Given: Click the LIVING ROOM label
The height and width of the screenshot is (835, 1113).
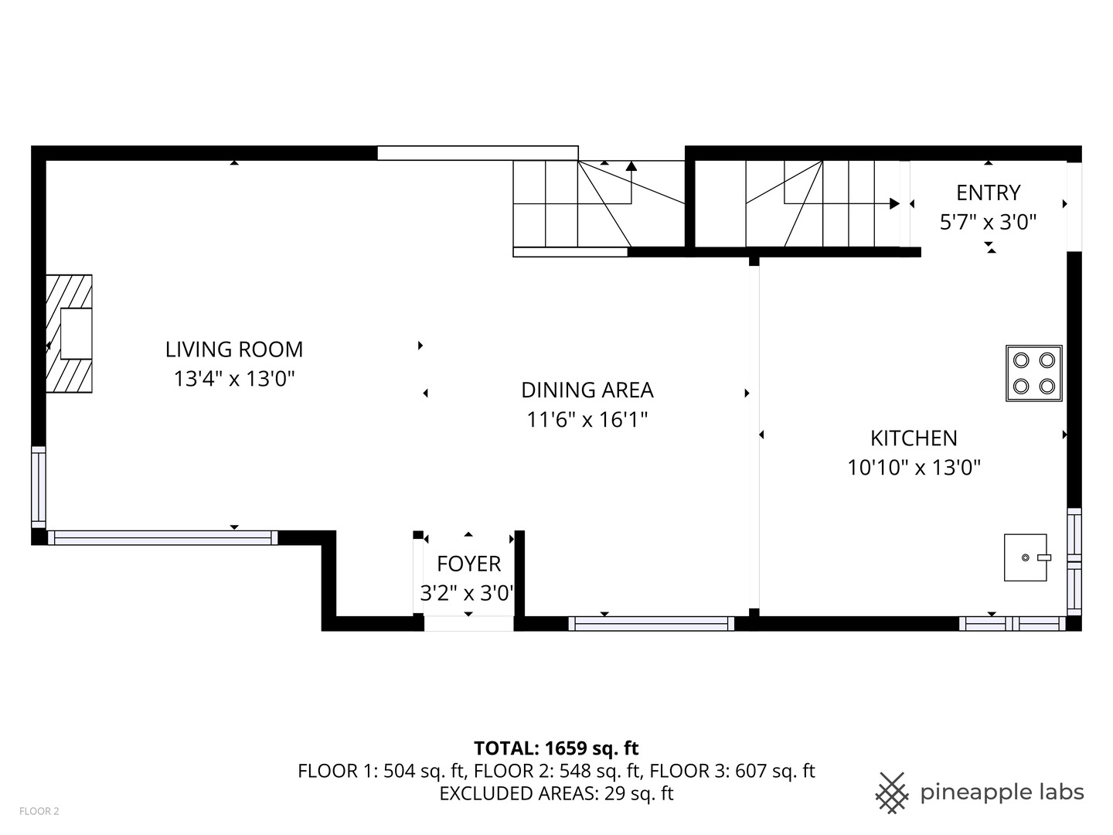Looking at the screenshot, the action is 233,349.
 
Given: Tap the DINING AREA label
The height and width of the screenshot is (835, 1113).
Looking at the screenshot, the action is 587,390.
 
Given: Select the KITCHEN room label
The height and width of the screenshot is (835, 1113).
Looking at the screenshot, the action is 914,438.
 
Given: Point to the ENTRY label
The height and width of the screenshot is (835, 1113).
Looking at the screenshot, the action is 988,193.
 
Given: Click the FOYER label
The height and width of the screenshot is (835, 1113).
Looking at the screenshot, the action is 468,564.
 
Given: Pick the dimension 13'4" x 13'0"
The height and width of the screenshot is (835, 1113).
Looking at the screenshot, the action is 233,379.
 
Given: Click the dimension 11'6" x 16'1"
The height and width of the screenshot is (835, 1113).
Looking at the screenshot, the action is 587,419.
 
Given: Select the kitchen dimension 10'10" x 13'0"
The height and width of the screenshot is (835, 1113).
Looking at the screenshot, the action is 914,468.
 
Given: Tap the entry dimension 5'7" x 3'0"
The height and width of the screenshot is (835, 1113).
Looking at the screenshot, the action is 988,222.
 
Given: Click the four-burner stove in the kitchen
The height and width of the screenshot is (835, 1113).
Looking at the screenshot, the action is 1033,373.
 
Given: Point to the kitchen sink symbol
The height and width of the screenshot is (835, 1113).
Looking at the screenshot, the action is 1026,557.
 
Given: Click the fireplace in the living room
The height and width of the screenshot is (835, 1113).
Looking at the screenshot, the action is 69,333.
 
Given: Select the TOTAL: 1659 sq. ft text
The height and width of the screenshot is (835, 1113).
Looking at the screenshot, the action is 556,748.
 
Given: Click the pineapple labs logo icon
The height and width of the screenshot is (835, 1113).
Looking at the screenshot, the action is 891,793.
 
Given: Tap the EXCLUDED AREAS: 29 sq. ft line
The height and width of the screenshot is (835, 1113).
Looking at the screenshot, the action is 556,793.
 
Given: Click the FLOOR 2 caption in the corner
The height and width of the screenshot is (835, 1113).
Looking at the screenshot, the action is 39,811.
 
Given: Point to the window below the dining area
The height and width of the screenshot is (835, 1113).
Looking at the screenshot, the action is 651,624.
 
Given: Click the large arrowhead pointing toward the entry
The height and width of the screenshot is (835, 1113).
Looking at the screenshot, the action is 894,204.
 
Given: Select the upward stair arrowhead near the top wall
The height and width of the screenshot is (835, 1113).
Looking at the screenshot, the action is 631,165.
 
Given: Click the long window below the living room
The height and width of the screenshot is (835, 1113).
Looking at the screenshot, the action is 163,538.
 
